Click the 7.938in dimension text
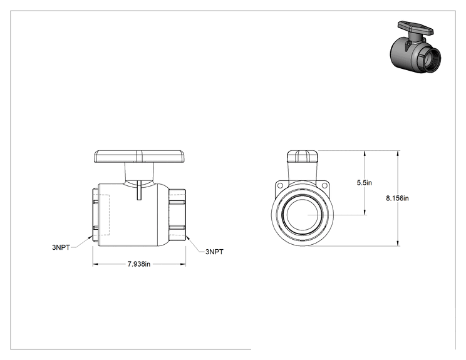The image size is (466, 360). click(x=139, y=264)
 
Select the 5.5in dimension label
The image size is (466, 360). click(x=365, y=182)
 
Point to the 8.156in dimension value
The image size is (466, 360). click(x=397, y=198)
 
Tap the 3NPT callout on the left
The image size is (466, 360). click(x=61, y=247)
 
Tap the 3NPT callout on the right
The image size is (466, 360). click(x=214, y=252)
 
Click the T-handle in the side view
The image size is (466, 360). click(x=140, y=157)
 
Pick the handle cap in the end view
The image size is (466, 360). click(x=303, y=157)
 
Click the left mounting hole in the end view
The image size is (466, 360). click(x=280, y=185)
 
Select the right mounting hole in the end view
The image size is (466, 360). click(x=324, y=185)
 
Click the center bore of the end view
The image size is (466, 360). click(x=303, y=215)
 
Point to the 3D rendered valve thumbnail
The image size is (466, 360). click(x=415, y=47)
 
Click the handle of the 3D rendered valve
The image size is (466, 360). click(x=416, y=28)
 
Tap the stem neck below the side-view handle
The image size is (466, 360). click(x=140, y=174)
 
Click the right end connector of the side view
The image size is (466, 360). click(x=177, y=215)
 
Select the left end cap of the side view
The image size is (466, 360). click(x=96, y=215)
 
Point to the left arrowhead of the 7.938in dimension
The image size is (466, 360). click(x=95, y=264)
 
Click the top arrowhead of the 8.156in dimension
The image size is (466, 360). click(x=398, y=153)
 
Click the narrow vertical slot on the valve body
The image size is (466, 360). click(x=139, y=190)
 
